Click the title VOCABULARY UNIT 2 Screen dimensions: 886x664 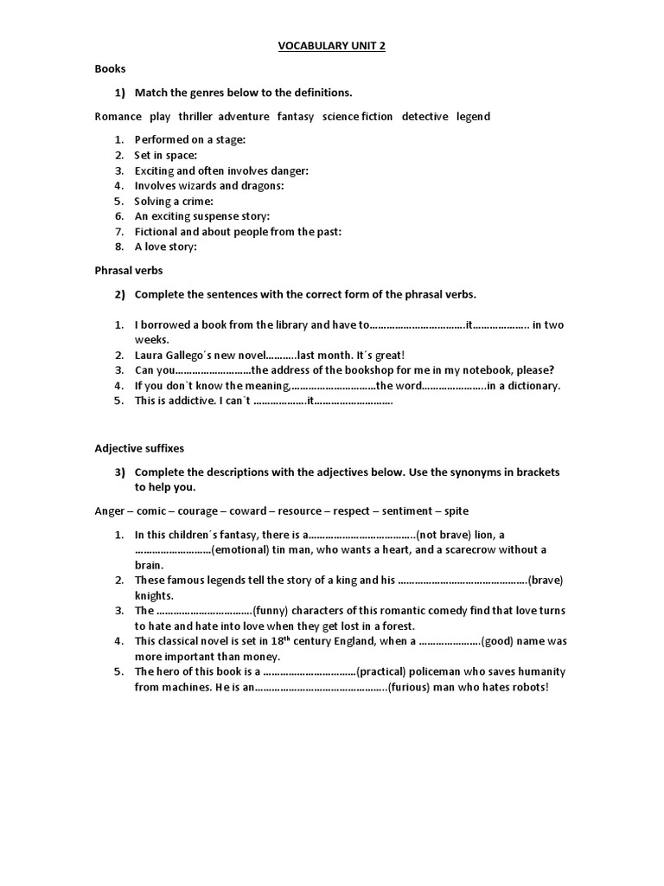tap(332, 46)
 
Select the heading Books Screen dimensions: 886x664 tap(110, 67)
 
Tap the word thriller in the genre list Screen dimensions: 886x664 tap(195, 116)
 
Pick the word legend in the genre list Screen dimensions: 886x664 tap(473, 116)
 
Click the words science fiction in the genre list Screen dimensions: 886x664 tap(357, 116)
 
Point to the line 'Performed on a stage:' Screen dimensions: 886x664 tap(190, 139)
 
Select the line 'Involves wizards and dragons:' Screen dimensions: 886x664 tap(209, 185)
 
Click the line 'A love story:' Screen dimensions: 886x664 tap(166, 247)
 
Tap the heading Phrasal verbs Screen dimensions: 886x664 tap(129, 270)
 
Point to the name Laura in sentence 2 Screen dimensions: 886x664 tap(150, 355)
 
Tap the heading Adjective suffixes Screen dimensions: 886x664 tap(139, 448)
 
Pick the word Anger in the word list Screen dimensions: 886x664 tap(110, 510)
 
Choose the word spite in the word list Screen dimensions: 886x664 tap(456, 510)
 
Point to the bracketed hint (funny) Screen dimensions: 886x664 tap(276, 610)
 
